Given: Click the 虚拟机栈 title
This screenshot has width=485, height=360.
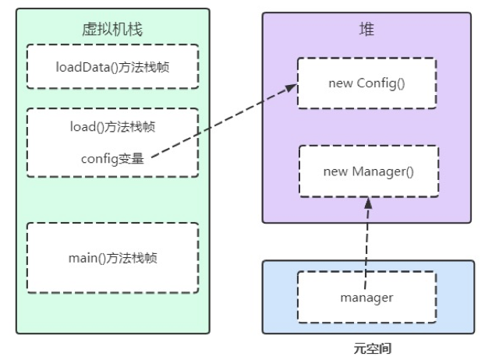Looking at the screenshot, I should pos(112,30).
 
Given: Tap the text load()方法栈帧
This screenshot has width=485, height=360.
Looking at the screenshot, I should pos(112,125).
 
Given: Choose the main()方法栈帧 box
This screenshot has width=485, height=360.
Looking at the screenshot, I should pos(112,257).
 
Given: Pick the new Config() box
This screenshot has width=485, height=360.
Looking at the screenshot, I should pos(366,83).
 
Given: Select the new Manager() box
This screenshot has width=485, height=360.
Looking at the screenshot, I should pos(366,171).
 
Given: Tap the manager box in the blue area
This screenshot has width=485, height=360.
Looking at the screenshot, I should pos(366,297).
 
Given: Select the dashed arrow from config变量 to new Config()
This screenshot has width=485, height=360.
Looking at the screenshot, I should pos(222,124).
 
